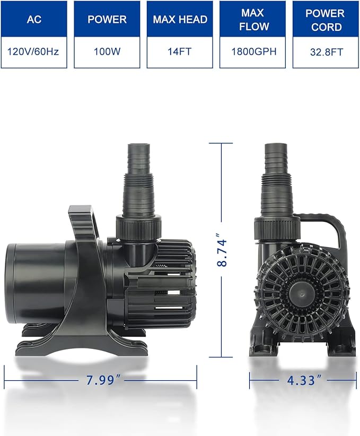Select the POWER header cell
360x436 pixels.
pos(107,19)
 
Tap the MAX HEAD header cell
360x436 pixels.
pos(180,19)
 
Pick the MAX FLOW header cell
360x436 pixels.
pos(253,19)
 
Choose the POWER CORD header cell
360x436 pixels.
pos(326,19)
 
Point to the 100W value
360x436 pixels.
pos(107,52)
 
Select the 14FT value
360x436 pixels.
pos(180,52)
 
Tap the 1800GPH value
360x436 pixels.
pos(253,52)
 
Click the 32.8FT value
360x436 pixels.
pos(326,52)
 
